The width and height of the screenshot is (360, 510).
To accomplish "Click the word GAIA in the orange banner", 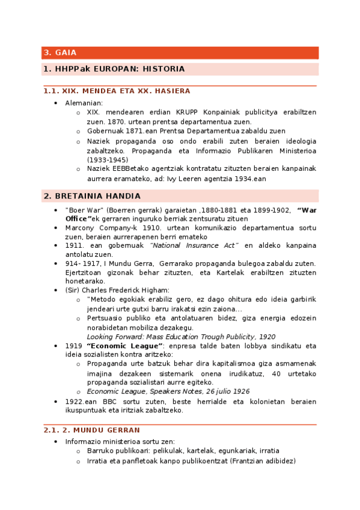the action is [x=66, y=53].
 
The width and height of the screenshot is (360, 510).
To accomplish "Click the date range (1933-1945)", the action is [x=107, y=159].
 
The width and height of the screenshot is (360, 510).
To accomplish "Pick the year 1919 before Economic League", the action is [x=74, y=346].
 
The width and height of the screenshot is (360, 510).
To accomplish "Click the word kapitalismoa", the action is [x=243, y=364].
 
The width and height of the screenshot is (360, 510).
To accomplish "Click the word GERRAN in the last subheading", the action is [x=122, y=430].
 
